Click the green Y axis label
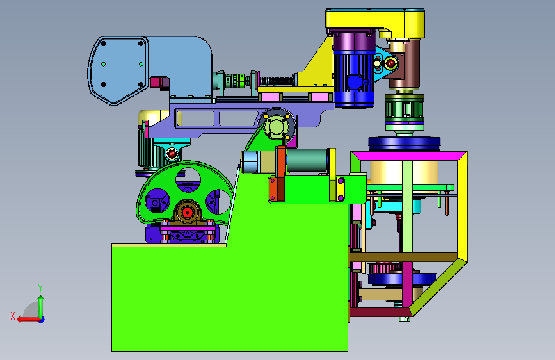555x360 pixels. click(x=40, y=288)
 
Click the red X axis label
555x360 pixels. click(x=13, y=316)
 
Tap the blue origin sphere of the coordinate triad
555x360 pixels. click(x=41, y=320)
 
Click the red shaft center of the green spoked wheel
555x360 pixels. click(x=188, y=213)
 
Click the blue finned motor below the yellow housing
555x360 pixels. click(x=353, y=79)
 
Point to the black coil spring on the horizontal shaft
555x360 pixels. click(x=278, y=81)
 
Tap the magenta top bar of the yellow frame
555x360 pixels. click(x=409, y=156)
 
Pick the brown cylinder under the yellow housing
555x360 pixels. click(x=405, y=65)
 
